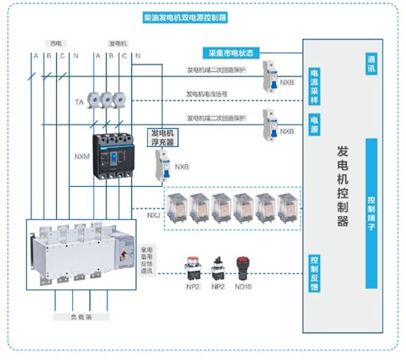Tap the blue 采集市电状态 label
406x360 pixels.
click(230, 53)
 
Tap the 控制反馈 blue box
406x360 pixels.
click(314, 274)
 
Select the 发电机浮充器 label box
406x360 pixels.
click(162, 137)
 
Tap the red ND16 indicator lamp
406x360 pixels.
click(243, 266)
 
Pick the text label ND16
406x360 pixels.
click(243, 287)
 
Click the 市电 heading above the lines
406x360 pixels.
click(56, 43)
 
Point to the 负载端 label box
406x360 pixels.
click(81, 317)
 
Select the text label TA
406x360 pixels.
click(79, 103)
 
